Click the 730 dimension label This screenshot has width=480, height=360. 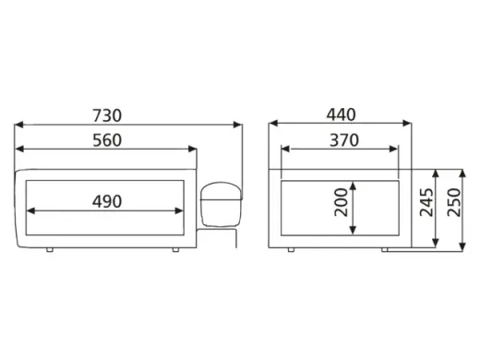pyautogui.click(x=107, y=115)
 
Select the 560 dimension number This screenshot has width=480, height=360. pyautogui.click(x=107, y=140)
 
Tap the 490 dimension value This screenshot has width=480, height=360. pyautogui.click(x=107, y=202)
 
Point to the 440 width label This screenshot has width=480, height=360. pyautogui.click(x=341, y=114)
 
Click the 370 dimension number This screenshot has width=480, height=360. pyautogui.click(x=344, y=140)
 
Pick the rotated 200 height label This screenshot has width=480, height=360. pyautogui.click(x=341, y=202)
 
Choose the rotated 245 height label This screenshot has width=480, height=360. pyautogui.click(x=426, y=202)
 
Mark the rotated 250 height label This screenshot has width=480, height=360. pyautogui.click(x=454, y=202)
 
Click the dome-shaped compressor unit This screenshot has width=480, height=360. pyautogui.click(x=221, y=204)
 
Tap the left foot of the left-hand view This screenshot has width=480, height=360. pyautogui.click(x=50, y=250)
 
